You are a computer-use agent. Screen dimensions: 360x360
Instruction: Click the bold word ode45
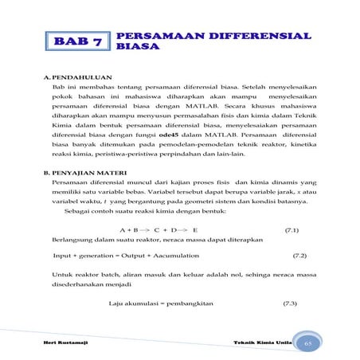click(169, 137)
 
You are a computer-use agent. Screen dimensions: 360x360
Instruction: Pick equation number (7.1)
click(292, 229)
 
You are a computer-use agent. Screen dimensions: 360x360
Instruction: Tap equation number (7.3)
click(291, 303)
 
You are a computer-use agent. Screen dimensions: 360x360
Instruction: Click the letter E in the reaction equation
click(195, 229)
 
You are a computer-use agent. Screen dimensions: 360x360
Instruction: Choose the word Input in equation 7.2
click(63, 256)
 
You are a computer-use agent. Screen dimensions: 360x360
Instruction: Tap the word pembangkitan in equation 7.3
click(190, 303)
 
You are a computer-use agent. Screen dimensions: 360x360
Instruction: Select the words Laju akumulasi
click(133, 303)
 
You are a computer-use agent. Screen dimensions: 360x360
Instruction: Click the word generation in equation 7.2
click(99, 256)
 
